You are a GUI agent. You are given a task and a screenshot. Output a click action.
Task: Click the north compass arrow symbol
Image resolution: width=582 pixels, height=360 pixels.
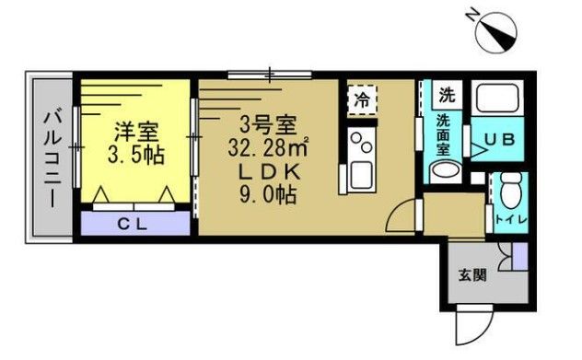(x=496, y=33)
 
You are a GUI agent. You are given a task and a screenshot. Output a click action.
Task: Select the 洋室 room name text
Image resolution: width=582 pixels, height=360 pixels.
(x=134, y=131)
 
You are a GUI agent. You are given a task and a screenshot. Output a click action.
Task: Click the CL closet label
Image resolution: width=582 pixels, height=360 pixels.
(x=135, y=223)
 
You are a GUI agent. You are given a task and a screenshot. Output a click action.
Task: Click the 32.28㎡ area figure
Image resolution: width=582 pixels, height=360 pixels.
(x=273, y=147)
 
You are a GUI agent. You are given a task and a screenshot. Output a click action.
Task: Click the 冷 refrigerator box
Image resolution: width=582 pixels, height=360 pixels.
(x=363, y=99)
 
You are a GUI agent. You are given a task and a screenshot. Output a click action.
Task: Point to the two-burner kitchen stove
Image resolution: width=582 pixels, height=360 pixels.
(x=359, y=143)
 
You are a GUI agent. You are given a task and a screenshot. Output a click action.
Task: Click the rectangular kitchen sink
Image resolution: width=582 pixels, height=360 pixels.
(x=359, y=173)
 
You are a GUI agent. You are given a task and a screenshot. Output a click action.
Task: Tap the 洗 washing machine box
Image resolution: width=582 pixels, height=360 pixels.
(x=447, y=93)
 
